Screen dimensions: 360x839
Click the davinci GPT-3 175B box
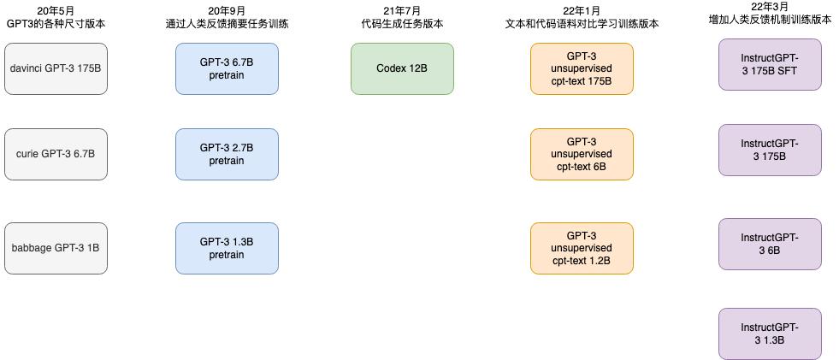[x=56, y=68]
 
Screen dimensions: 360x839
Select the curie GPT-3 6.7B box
[x=56, y=154]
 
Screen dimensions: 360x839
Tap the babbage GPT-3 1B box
[x=56, y=248]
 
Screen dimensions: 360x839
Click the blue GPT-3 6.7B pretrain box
[x=227, y=68]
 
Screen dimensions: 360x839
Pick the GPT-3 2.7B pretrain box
[x=227, y=154]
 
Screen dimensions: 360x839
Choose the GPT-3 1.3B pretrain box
[x=227, y=248]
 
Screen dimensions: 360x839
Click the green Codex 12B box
[x=402, y=68]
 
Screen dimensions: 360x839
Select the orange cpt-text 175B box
[x=582, y=68]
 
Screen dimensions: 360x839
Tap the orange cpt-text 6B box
[x=582, y=154]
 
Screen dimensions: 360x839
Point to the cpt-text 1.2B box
[x=582, y=248]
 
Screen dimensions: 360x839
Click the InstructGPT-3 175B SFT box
[x=770, y=64]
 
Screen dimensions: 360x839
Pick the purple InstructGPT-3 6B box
[x=770, y=244]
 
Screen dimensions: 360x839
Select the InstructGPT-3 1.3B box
[x=770, y=333]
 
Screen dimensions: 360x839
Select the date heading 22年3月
[x=770, y=7]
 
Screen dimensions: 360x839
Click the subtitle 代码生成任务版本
[x=402, y=24]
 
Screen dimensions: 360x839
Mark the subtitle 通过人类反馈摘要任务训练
[x=227, y=24]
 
